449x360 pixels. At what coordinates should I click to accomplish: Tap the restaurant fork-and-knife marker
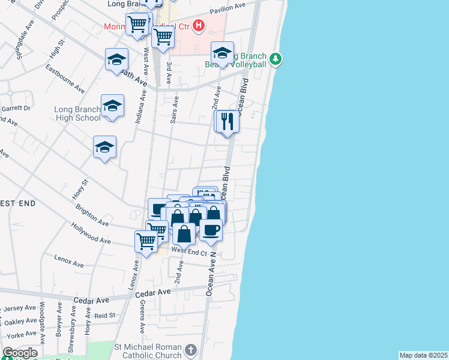tap(228, 122)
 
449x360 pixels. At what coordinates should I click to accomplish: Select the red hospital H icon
tap(199, 26)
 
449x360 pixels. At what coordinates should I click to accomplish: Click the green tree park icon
tap(276, 59)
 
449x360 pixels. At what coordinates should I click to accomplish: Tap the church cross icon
tap(190, 350)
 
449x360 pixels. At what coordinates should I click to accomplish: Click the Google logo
tap(20, 353)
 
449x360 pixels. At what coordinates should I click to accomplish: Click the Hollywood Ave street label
tap(91, 234)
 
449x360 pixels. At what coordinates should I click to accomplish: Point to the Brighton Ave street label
tap(91, 215)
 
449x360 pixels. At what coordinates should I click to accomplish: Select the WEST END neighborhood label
tap(17, 204)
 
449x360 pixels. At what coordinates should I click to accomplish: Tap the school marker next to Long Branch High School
tap(112, 106)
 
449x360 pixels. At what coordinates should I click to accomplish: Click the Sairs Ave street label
tap(175, 110)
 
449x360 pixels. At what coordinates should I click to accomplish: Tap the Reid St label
tap(104, 315)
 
